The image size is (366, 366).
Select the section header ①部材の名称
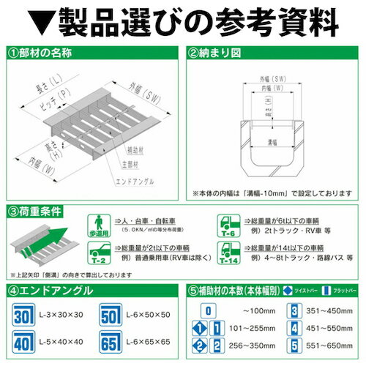48,53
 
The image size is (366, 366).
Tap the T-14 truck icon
227,253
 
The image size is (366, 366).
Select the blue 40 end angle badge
23,343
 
